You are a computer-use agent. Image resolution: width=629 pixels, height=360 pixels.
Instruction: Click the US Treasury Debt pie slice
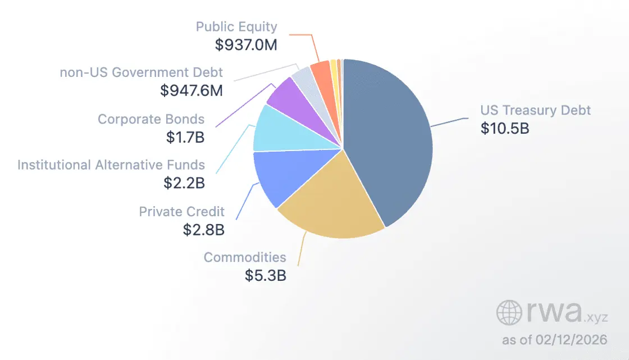coord(393,140)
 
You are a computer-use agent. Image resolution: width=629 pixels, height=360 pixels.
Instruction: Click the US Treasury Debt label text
coord(535,110)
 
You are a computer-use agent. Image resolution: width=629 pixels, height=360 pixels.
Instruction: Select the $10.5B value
coord(505,128)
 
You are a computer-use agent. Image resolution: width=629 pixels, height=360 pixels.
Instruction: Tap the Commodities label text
coord(245,257)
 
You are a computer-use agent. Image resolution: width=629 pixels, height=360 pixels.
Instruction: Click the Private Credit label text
coord(182,212)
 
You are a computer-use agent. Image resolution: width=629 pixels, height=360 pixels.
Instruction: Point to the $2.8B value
coord(203,230)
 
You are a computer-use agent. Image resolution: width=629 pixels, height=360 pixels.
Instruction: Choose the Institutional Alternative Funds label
coord(111,165)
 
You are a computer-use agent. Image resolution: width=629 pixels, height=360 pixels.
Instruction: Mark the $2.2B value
coord(184,183)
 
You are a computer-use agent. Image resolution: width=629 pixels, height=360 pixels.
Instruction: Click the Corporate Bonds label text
coord(151,119)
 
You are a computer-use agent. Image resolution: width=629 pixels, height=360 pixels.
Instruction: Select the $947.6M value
coord(191,90)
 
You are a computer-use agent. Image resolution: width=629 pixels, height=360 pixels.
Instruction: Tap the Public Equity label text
coord(236,26)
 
